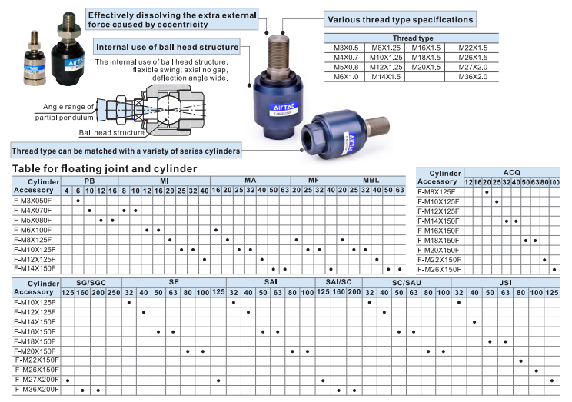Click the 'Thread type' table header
point(413,38)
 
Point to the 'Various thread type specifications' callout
point(400,19)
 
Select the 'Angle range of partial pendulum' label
point(65,111)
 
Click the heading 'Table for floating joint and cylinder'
point(105,168)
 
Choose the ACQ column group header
point(511,173)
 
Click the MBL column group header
point(371,181)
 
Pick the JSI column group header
point(505,283)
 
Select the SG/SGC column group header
point(91,283)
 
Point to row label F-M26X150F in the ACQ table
point(439,269)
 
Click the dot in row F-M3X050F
point(78,200)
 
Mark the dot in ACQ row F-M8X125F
point(487,192)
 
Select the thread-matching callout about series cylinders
point(126,150)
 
